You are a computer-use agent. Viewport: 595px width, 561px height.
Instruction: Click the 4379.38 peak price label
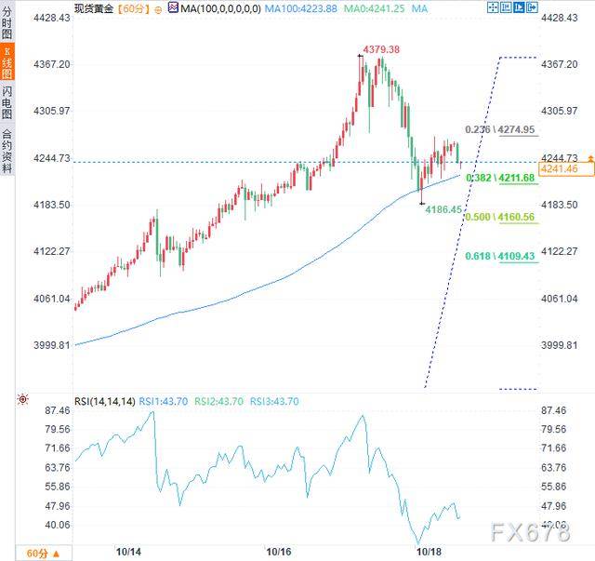click(x=380, y=49)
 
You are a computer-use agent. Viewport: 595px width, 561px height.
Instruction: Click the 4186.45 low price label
click(x=443, y=210)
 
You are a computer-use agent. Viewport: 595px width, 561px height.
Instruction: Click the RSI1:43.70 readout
click(x=164, y=401)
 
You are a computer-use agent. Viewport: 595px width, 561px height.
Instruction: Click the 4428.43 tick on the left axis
click(x=52, y=18)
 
